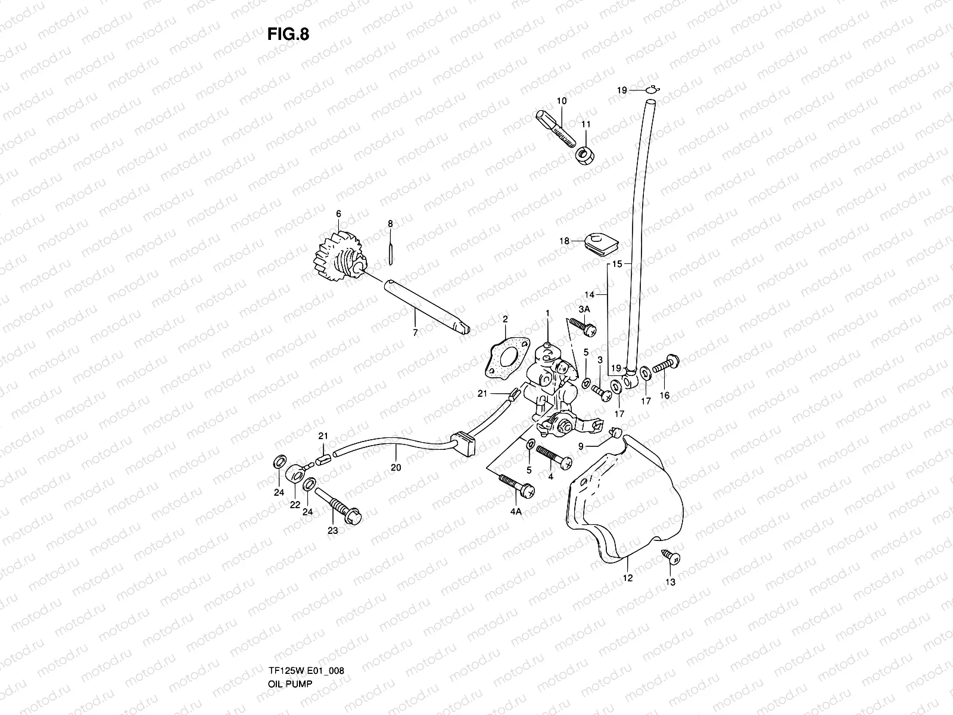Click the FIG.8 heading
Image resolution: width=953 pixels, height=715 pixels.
click(288, 34)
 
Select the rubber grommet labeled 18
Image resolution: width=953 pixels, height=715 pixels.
click(599, 241)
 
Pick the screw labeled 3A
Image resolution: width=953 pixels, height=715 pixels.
click(583, 326)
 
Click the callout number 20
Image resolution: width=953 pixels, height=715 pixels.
click(396, 468)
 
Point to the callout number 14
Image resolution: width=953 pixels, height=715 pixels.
click(590, 294)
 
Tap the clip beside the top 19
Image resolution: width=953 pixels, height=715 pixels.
click(653, 89)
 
